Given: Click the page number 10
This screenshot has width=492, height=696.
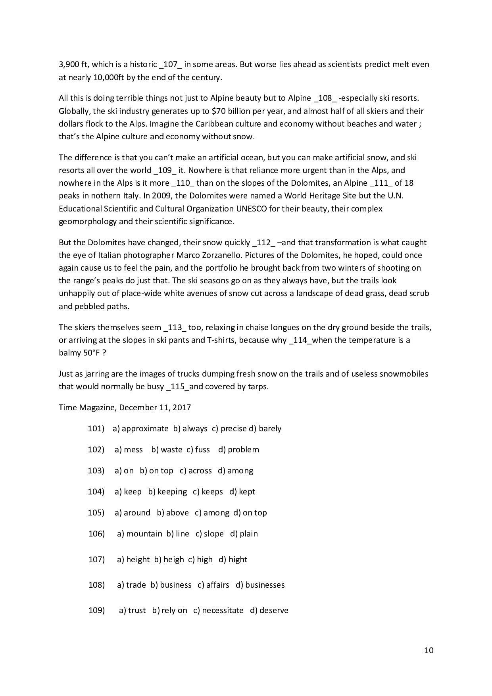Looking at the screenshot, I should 429,650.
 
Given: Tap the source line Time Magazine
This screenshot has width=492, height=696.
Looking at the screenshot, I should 88,408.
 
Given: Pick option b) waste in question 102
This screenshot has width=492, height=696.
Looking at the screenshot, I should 167,450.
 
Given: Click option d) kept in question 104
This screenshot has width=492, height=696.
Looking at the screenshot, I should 242,492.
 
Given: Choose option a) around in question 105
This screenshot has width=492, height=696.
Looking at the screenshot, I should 133,513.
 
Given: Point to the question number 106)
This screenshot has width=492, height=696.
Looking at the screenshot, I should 96,534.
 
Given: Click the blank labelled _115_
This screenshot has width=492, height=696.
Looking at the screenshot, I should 178,387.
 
